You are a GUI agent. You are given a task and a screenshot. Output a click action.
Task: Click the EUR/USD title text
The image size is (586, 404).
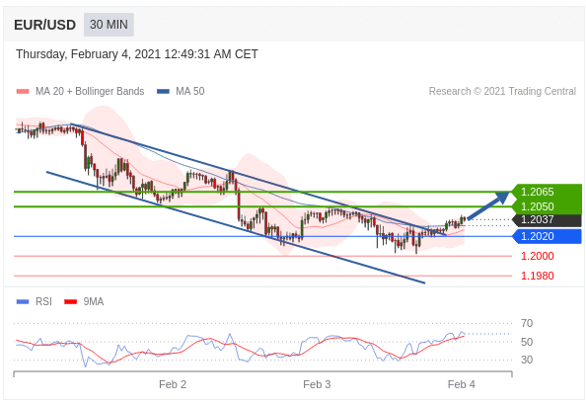pos(44,25)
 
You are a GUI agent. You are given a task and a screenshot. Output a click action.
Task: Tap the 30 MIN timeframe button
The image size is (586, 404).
pos(109,25)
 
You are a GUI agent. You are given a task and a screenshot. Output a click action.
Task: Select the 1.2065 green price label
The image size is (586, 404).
pos(547,192)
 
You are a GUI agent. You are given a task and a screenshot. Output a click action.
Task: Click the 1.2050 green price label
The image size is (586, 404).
pos(547,206)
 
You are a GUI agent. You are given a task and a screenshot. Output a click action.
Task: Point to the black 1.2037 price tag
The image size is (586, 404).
pos(547,219)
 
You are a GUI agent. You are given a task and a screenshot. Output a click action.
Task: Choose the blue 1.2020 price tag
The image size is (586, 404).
pos(547,236)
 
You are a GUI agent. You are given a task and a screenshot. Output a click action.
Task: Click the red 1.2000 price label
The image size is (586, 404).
pos(538,256)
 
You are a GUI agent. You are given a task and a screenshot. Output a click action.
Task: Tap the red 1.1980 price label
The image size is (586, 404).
pos(538,276)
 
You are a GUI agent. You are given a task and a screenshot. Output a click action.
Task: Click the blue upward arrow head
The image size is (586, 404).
pos(502,197)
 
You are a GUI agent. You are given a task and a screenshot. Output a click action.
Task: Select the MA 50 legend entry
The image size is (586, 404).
pos(181,91)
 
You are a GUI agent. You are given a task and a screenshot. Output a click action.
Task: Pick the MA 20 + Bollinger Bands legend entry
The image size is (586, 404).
pos(80,91)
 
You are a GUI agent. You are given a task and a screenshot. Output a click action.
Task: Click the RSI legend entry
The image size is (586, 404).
pos(35,301)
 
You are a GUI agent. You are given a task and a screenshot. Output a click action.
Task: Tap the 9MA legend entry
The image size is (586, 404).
pos(84,301)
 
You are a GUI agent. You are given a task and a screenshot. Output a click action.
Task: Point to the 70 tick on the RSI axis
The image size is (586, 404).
pos(527,323)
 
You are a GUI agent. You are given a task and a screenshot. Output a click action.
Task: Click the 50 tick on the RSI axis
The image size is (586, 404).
pos(527,342)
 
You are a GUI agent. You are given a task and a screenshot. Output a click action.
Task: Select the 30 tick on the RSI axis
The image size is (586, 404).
pos(527,360)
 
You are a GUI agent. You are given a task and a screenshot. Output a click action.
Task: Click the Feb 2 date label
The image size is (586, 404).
pos(173,384)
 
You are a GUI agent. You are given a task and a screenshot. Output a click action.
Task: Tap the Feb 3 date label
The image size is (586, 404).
pos(317,384)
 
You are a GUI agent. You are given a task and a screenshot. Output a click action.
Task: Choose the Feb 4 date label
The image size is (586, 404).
pos(462,384)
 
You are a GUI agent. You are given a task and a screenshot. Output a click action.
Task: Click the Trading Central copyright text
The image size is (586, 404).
pos(502,91)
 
